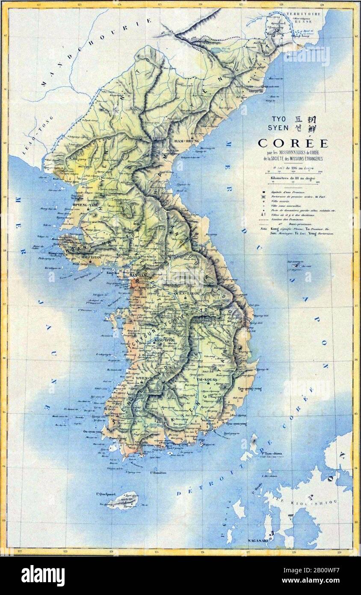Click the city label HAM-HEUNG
click(x=184, y=140)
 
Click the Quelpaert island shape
click(x=123, y=500)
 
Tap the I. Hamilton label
click(x=158, y=473)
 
